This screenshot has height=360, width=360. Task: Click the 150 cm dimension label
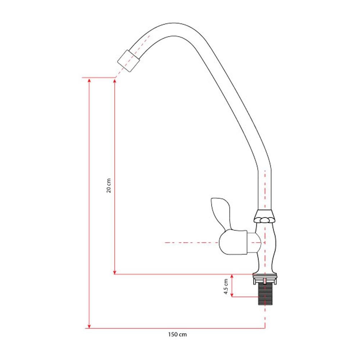pyautogui.click(x=177, y=334)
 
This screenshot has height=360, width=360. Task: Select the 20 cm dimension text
pyautogui.click(x=109, y=185)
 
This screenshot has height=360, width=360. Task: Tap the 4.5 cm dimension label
pyautogui.click(x=226, y=287)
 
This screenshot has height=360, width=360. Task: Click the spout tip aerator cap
pyautogui.click(x=129, y=61)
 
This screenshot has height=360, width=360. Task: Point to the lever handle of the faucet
pyautogui.click(x=221, y=213)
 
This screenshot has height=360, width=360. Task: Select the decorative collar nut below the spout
pyautogui.click(x=265, y=217)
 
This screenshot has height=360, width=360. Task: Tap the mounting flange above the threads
pyautogui.click(x=265, y=279)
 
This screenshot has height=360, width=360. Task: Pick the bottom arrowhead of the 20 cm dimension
pyautogui.click(x=114, y=271)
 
